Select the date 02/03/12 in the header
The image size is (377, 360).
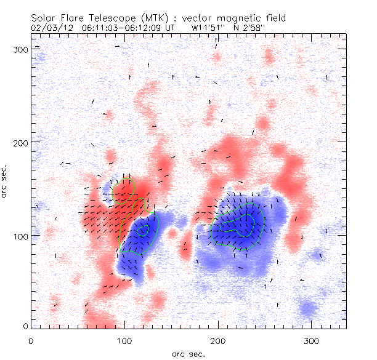(49, 28)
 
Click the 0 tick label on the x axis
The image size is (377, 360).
(31, 340)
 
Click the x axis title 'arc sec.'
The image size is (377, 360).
(188, 353)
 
